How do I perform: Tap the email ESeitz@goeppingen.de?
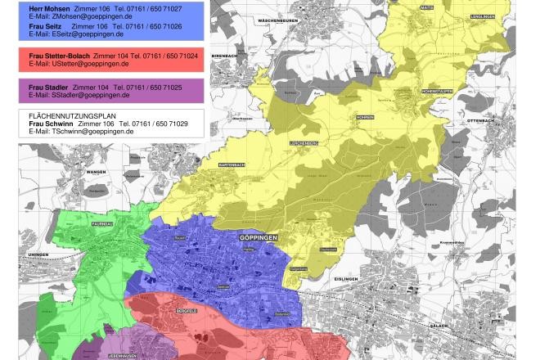(x=76, y=35)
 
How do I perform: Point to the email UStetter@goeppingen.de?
(x=79, y=63)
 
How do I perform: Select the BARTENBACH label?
(x=232, y=164)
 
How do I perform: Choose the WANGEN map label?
(x=97, y=173)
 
